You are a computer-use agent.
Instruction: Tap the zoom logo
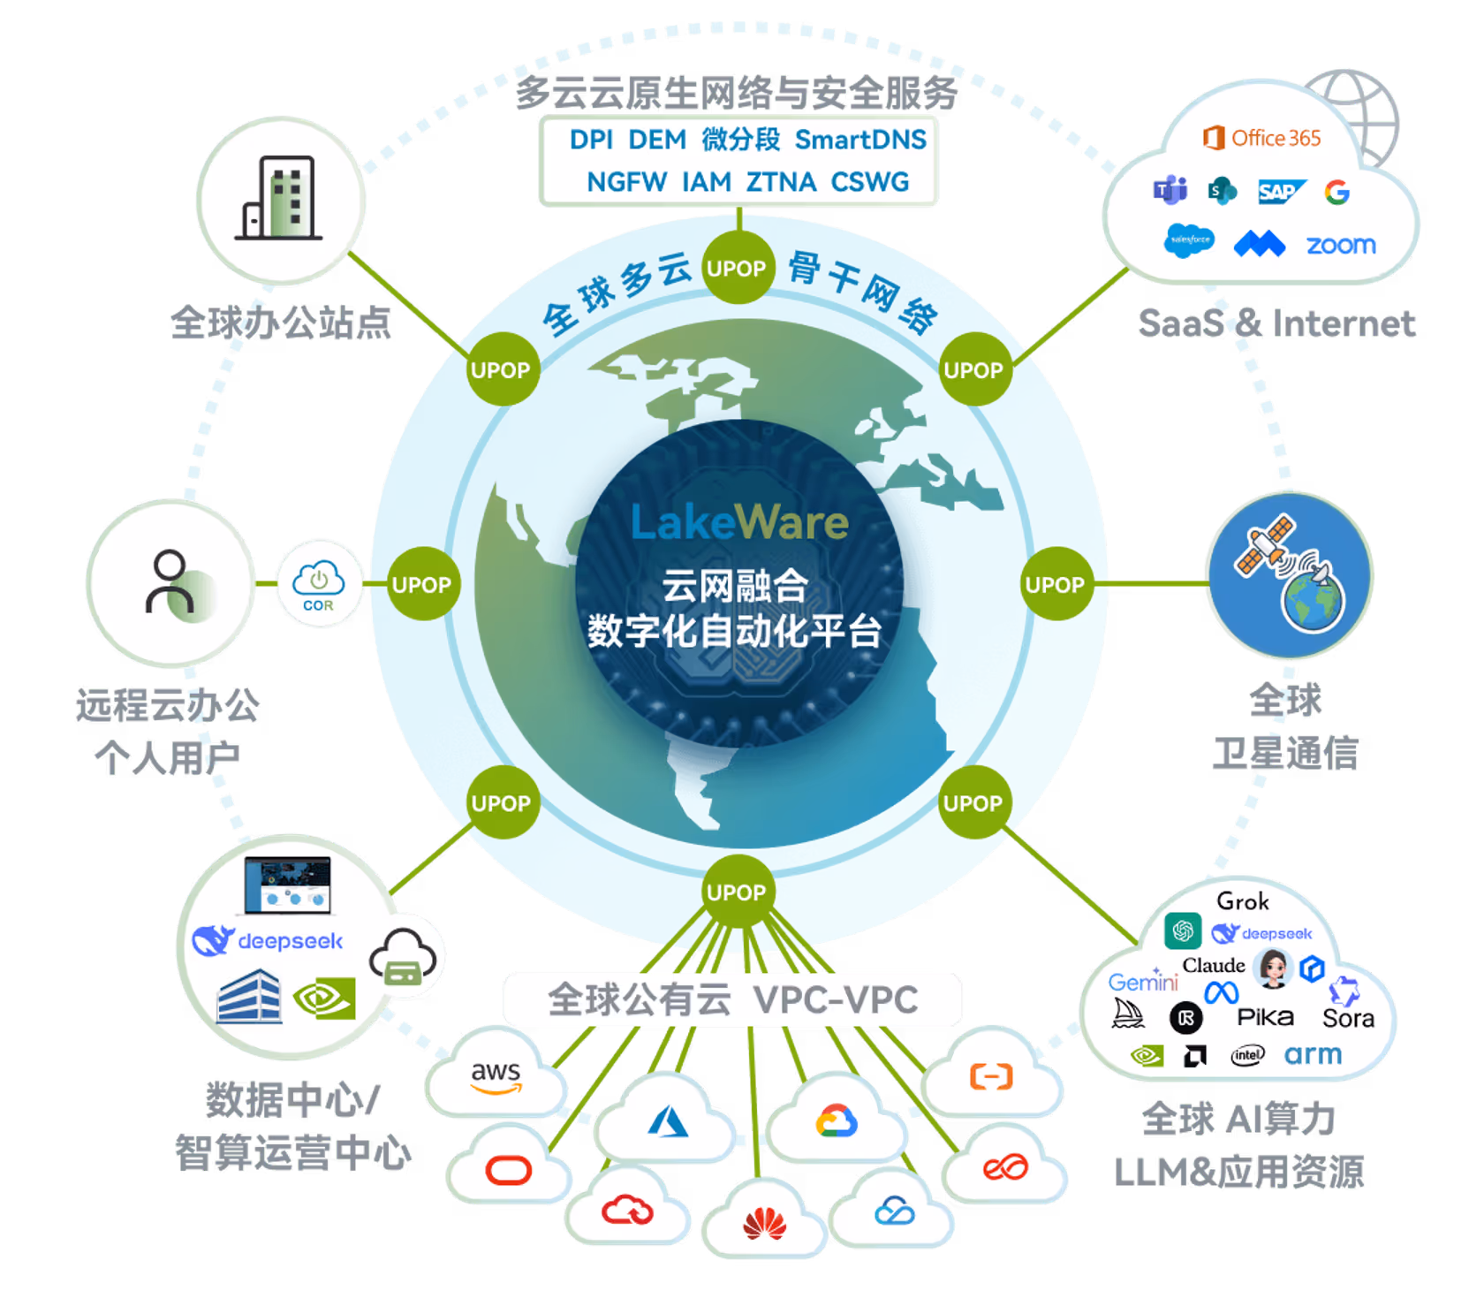pos(1341,245)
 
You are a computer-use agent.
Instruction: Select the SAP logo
pos(1280,191)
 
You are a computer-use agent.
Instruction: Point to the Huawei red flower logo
pos(765,1224)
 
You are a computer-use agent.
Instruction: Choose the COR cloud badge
pos(319,584)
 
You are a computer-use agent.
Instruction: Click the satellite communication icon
pos(1289,574)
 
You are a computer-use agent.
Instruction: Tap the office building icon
pos(280,199)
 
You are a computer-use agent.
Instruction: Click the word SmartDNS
pos(860,140)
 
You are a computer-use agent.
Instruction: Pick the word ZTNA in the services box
pos(781,182)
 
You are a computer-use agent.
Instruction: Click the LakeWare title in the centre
pos(739,522)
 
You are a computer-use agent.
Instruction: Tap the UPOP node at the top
pos(737,269)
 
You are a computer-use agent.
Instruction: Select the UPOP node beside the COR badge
pos(421,585)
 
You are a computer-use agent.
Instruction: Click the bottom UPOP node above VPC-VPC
pos(737,892)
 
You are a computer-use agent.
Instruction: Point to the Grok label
pos(1243,901)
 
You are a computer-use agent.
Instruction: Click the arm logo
pos(1313,1054)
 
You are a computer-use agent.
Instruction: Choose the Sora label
pos(1348,1019)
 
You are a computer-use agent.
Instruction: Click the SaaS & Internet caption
pos(1276,323)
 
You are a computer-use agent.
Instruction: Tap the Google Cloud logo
pos(836,1121)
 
